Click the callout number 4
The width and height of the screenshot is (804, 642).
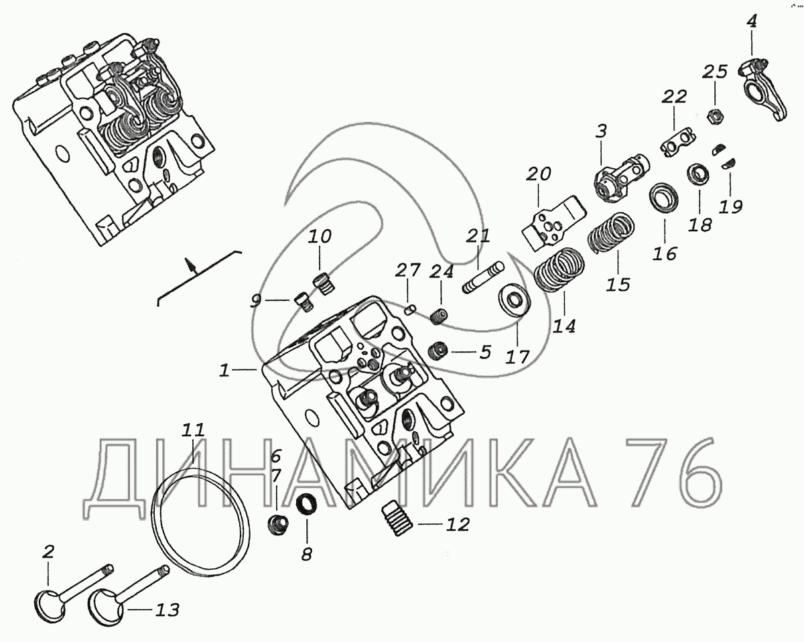(x=752, y=22)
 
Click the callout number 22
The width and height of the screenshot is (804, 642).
(x=675, y=97)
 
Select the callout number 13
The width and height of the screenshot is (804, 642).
(x=167, y=610)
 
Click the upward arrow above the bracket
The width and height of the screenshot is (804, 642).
(x=193, y=266)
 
